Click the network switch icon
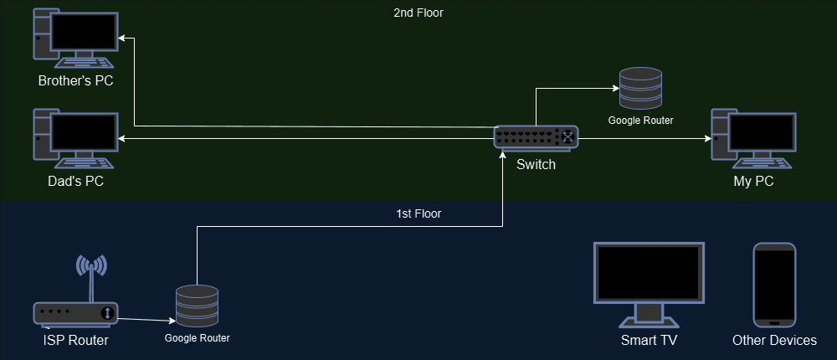[536, 137]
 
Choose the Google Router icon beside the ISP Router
[197, 306]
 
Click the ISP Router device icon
[75, 313]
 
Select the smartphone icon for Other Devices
[774, 285]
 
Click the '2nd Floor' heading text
[418, 13]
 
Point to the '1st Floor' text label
[418, 213]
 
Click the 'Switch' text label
[536, 165]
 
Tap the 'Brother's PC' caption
[75, 81]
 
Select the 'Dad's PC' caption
[75, 182]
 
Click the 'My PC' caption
[753, 182]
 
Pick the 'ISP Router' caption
[75, 341]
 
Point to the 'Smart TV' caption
[649, 341]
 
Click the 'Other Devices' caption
[774, 341]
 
